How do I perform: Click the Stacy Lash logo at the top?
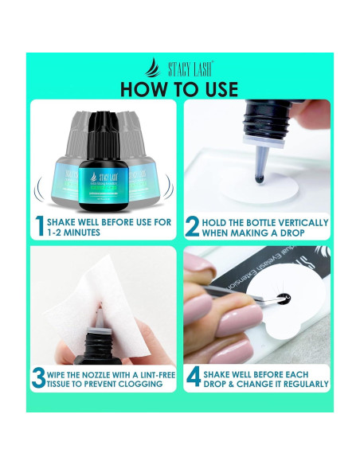point(179,68)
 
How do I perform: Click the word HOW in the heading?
point(149,87)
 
